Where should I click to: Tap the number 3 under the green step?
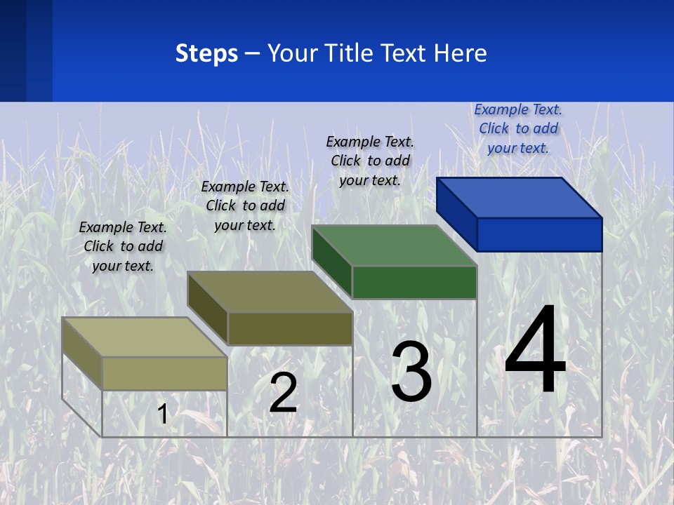[411, 372]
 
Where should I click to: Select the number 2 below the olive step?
[284, 393]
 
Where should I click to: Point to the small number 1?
[162, 414]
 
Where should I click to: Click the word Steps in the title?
[206, 53]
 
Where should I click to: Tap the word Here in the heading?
[461, 53]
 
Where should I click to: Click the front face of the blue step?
[539, 234]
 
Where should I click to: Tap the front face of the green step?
[414, 282]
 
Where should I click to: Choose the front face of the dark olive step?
[290, 328]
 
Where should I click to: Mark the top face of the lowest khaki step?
[145, 337]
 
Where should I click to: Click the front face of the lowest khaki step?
[164, 373]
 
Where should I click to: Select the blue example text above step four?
[518, 128]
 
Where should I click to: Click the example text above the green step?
[370, 161]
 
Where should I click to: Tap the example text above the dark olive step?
[245, 206]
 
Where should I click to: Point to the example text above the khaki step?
[123, 246]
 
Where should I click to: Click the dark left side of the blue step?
[456, 213]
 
